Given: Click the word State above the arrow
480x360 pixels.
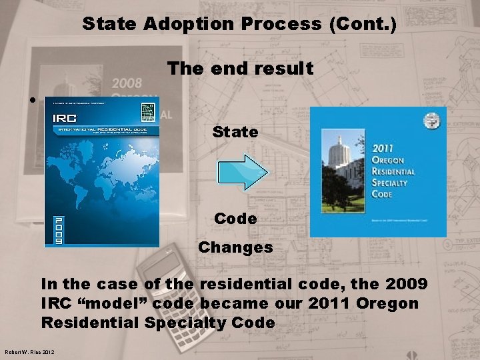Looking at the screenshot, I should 235,132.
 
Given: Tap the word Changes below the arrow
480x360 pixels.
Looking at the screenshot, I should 235,247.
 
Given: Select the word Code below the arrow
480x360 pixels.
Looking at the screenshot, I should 235,219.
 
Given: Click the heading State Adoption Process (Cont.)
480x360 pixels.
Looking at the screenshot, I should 239,25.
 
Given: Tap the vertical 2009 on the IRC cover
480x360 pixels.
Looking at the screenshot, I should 59,230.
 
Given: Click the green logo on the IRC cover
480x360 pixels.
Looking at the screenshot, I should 146,109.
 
